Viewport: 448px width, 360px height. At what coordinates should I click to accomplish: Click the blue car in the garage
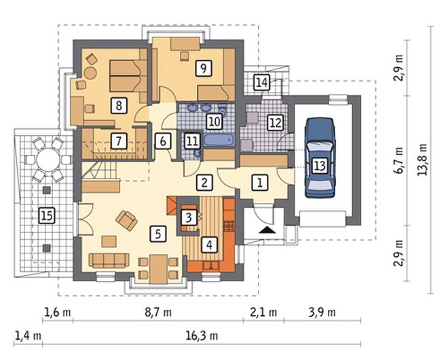(x=320, y=158)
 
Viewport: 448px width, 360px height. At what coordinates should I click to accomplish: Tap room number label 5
(x=157, y=234)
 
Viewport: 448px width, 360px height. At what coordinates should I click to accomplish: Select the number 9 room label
(x=204, y=68)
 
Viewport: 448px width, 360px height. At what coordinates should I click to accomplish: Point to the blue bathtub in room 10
(x=219, y=141)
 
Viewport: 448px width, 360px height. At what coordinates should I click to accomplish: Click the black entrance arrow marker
(x=267, y=230)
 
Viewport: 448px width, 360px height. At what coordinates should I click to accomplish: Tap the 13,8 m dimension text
(x=423, y=160)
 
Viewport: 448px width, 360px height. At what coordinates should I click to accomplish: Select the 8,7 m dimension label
(x=158, y=312)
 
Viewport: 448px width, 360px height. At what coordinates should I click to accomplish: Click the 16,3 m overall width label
(x=202, y=336)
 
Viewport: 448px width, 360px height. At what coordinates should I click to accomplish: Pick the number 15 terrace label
(x=47, y=215)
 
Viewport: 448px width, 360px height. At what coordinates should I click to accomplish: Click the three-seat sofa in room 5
(x=109, y=261)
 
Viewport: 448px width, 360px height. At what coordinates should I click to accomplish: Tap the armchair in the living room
(x=126, y=220)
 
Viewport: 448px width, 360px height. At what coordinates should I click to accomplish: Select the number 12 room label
(x=276, y=123)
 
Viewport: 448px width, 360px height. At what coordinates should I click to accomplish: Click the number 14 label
(x=262, y=82)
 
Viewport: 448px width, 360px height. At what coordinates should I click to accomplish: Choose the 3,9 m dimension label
(x=322, y=312)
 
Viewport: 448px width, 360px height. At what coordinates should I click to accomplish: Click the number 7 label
(x=119, y=141)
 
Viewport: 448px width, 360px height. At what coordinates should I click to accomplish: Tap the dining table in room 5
(x=159, y=269)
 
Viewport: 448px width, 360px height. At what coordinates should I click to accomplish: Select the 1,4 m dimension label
(x=28, y=336)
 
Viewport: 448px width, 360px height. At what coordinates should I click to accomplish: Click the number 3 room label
(x=189, y=217)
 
